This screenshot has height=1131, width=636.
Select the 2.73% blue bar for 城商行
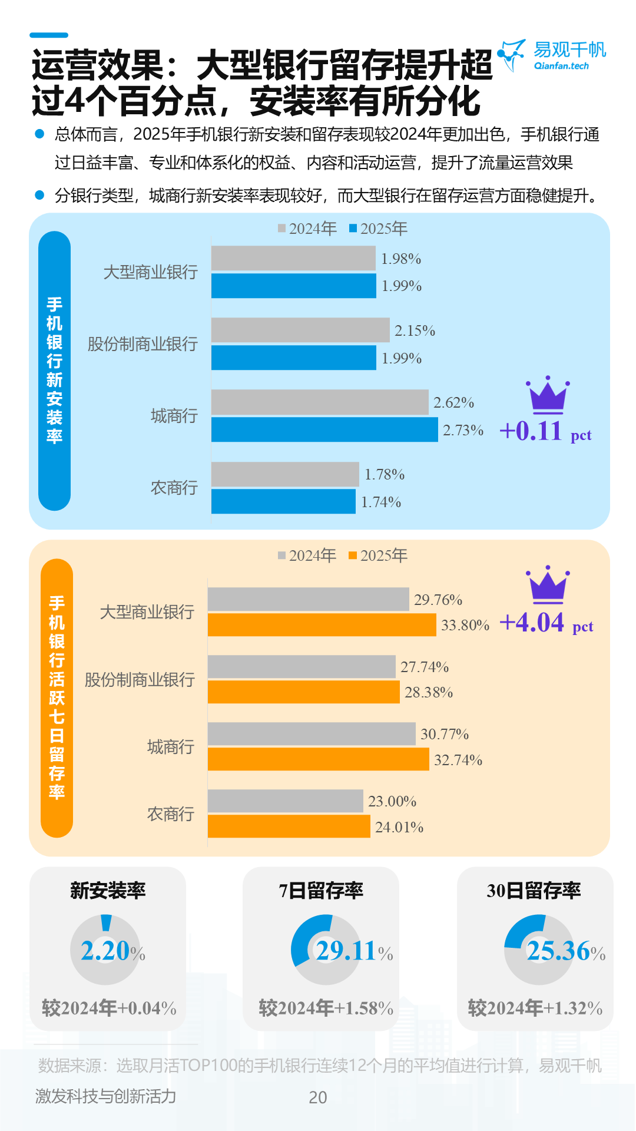[324, 430]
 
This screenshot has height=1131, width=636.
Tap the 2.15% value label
[415, 331]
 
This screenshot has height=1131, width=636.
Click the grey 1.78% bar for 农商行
[285, 474]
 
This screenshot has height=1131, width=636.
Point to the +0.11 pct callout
[545, 431]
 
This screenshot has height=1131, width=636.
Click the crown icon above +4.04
[548, 585]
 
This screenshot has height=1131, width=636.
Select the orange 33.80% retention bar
[322, 625]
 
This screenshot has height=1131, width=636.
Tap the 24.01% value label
[399, 828]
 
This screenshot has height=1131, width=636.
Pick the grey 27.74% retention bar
[302, 667]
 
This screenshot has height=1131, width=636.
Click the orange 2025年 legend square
[353, 555]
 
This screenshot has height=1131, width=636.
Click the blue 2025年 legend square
[353, 229]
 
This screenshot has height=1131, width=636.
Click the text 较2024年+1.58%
[326, 1008]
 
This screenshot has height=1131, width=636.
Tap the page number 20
[318, 1097]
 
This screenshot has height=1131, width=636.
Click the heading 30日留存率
[534, 891]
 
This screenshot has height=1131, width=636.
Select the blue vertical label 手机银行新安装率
[54, 371]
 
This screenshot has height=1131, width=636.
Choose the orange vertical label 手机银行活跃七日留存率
[57, 698]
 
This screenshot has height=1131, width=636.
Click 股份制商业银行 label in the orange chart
[140, 680]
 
